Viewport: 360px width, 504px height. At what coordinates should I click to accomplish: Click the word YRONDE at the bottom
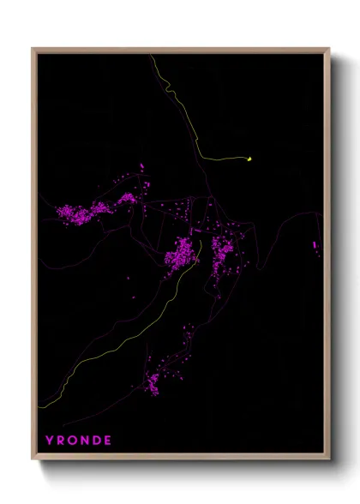pos(79,441)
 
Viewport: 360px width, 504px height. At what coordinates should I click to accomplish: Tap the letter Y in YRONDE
pos(50,441)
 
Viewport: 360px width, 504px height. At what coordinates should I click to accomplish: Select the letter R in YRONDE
pos(61,441)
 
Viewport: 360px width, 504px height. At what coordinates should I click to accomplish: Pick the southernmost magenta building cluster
pos(153,382)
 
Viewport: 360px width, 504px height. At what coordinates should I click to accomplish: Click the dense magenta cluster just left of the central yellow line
pos(182,255)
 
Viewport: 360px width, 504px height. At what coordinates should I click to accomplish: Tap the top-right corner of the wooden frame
pos(329,49)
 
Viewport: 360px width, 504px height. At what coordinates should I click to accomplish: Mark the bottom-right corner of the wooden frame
pos(329,461)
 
